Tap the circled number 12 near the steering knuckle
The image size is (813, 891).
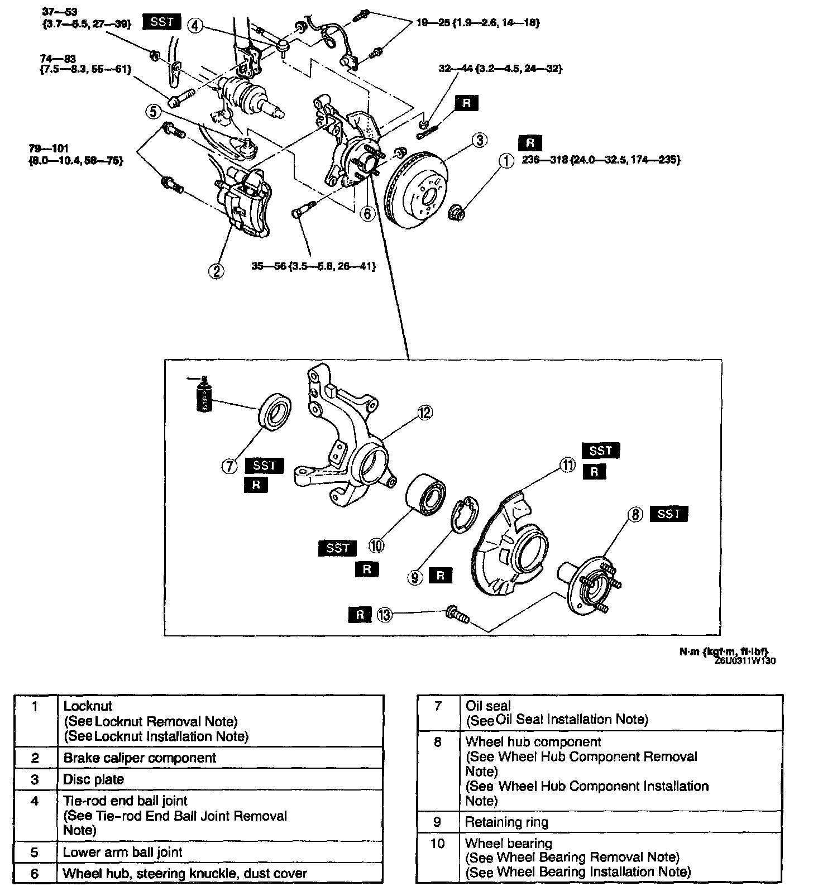point(425,413)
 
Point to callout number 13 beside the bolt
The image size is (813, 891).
point(385,615)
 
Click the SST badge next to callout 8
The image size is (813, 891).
point(668,514)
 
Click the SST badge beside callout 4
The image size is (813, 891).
point(162,22)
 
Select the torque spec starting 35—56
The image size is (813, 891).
point(313,266)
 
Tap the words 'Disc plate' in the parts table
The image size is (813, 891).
point(93,779)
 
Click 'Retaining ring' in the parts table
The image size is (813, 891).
point(506,822)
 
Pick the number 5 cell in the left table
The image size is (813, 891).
point(35,852)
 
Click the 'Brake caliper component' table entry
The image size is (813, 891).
point(140,758)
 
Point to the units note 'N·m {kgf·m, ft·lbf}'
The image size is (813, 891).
point(724,652)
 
